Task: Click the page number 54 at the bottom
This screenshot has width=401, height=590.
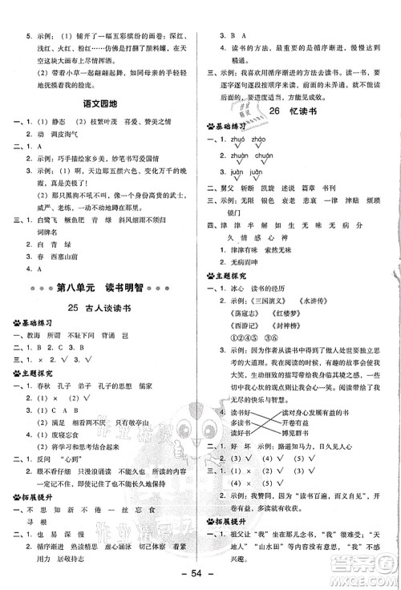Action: click(x=200, y=575)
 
